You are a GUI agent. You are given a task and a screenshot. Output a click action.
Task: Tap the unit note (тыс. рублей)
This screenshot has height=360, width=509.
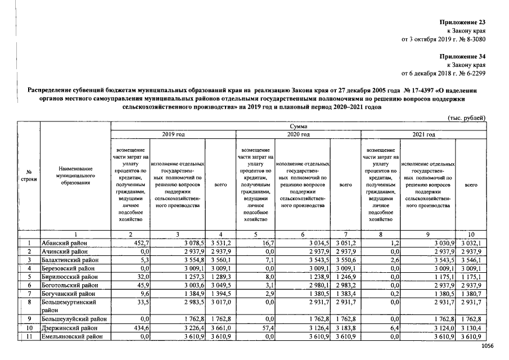(x=467, y=118)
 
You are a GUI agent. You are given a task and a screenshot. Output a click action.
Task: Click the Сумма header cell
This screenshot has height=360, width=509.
(x=298, y=127)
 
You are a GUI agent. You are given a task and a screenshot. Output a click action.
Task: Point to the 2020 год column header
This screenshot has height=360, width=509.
(x=298, y=134)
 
